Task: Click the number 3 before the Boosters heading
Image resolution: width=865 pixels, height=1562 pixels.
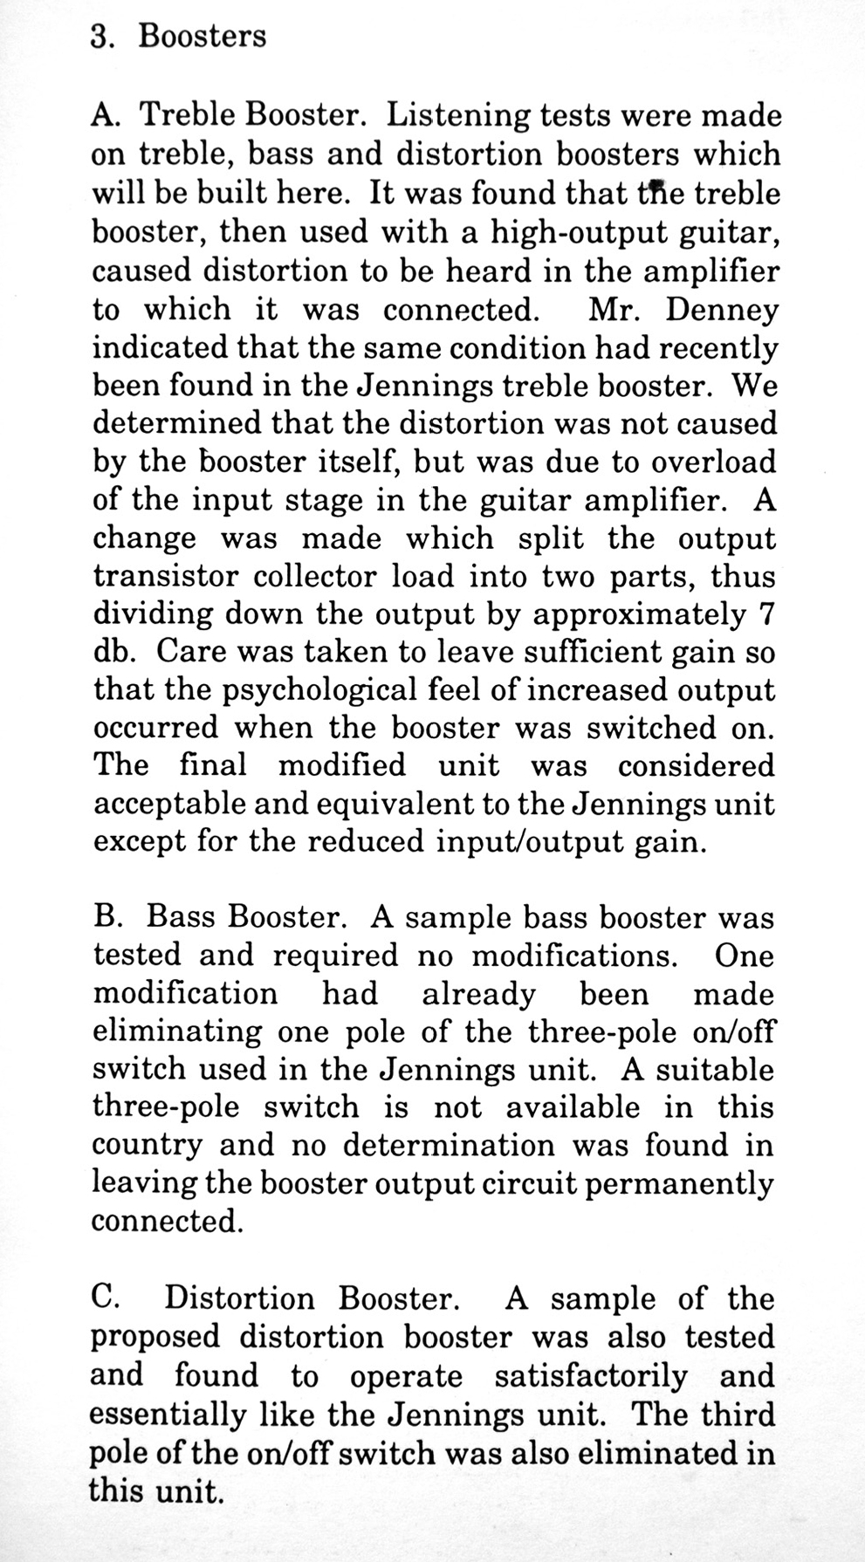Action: point(99,36)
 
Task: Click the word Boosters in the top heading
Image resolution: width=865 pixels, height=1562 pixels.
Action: point(203,36)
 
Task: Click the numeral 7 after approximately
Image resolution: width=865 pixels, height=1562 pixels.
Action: point(765,614)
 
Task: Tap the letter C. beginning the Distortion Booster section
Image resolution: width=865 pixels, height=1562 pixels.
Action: point(105,1298)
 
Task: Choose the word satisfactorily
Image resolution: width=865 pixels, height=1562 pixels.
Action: point(591,1376)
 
